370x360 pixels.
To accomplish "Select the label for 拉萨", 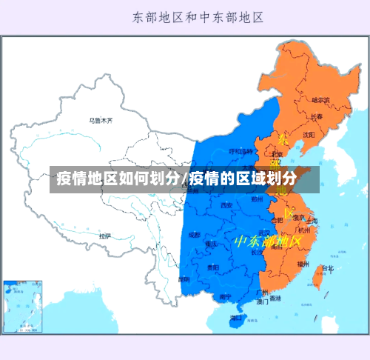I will [105, 236].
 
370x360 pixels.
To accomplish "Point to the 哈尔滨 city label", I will [320, 99].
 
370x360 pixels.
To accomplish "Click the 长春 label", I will [316, 116].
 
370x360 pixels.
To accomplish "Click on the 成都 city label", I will [194, 234].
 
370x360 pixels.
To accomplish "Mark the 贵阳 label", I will [213, 267].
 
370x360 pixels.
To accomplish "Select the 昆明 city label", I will [184, 279].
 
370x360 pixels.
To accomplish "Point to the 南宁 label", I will [225, 296].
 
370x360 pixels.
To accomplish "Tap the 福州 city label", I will [303, 264].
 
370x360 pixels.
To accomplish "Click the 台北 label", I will [326, 268].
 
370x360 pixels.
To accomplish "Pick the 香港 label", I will [275, 299].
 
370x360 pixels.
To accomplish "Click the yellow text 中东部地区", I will [267, 241].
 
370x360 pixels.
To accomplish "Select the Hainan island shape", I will [237, 319].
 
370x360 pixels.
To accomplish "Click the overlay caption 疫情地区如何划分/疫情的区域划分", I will [178, 179].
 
